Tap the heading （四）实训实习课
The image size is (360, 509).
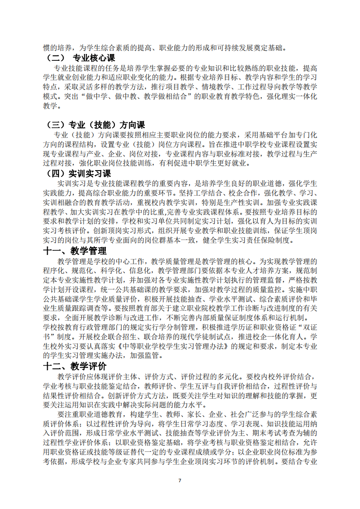(79, 173)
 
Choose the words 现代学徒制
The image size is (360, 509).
(202, 337)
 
